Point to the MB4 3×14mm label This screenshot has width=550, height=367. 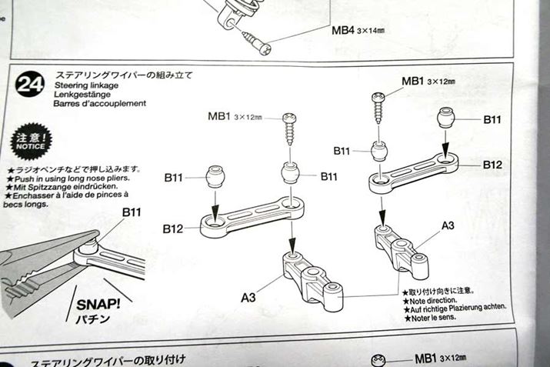pos(358,32)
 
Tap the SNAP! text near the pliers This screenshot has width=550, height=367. pos(96,303)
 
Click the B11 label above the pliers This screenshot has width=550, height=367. pos(132,212)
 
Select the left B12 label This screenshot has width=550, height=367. pos(174,229)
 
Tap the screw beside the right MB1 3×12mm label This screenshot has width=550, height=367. pos(378,105)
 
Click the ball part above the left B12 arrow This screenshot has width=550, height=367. pos(215,176)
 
